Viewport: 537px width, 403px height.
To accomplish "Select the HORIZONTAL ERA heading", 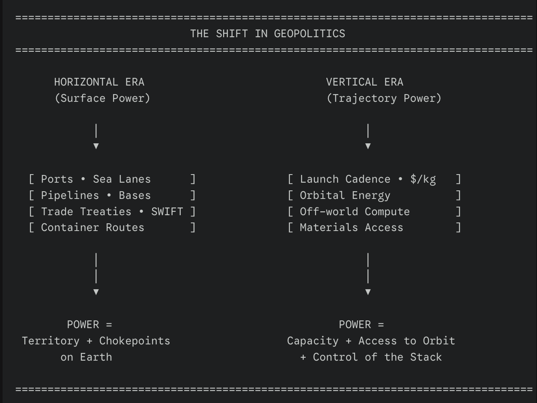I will [99, 82].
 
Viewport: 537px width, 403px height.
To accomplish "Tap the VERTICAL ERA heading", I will [364, 82].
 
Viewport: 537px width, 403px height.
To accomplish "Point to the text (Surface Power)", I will [102, 98].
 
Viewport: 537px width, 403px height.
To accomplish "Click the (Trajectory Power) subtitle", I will [384, 98].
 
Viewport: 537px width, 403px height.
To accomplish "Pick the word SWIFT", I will [167, 212].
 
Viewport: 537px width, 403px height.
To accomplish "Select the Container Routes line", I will [92, 228].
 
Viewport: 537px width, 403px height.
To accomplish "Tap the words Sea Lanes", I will [122, 179].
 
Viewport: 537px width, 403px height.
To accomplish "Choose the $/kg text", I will [423, 179].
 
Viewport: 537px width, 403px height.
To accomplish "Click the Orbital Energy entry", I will [345, 196].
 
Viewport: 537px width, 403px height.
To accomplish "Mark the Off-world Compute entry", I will [355, 212].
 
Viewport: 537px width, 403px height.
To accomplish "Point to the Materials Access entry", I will [351, 228].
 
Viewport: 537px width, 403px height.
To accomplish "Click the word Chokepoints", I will [134, 341].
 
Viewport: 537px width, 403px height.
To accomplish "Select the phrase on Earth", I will [86, 357].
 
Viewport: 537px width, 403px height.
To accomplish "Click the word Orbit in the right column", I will [439, 341].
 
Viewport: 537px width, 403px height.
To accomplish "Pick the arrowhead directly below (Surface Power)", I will [96, 146].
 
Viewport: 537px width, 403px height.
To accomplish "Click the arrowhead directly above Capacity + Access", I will [368, 292].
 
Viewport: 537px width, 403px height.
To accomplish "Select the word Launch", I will [319, 179].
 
